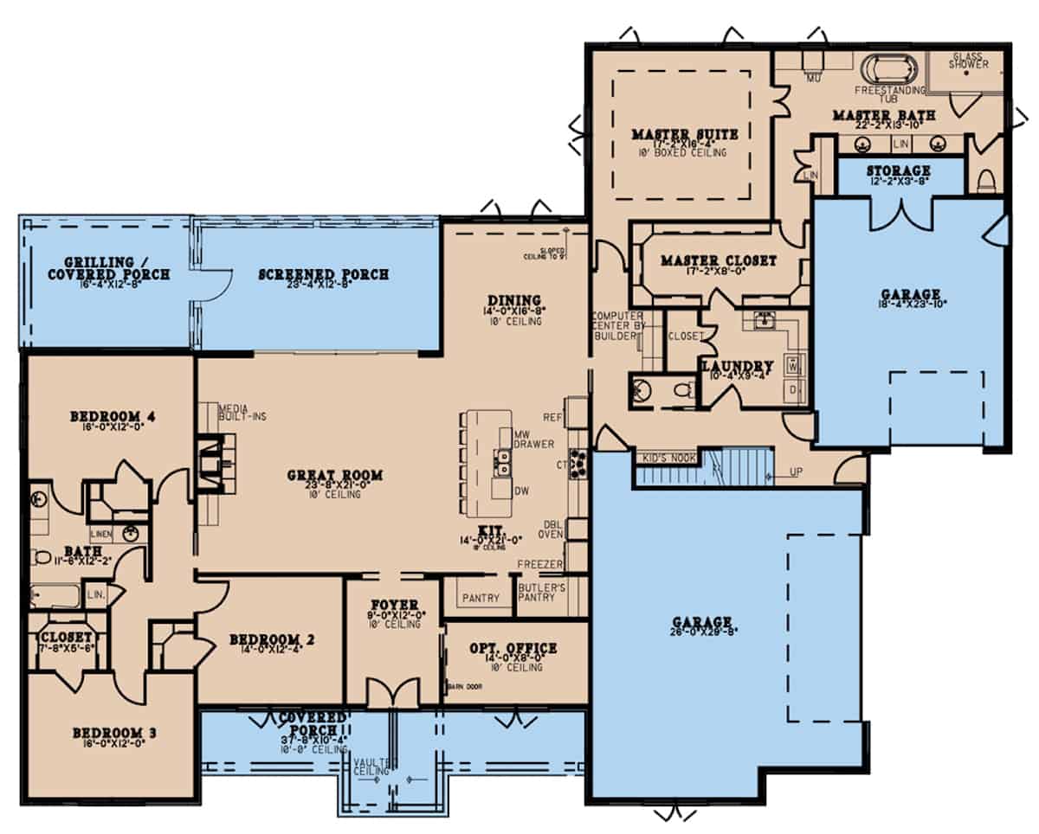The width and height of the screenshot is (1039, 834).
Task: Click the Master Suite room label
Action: point(684,134)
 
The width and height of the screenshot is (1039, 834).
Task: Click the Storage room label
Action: point(899,171)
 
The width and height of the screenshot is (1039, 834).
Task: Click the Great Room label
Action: point(335,475)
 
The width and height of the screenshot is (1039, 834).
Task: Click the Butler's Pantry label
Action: point(542,592)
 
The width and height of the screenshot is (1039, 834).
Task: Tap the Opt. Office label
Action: point(513,648)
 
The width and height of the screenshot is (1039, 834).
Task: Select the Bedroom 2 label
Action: point(271,639)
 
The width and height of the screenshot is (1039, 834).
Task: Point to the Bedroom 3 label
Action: point(114,734)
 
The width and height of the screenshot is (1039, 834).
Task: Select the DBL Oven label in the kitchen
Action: point(553,529)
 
